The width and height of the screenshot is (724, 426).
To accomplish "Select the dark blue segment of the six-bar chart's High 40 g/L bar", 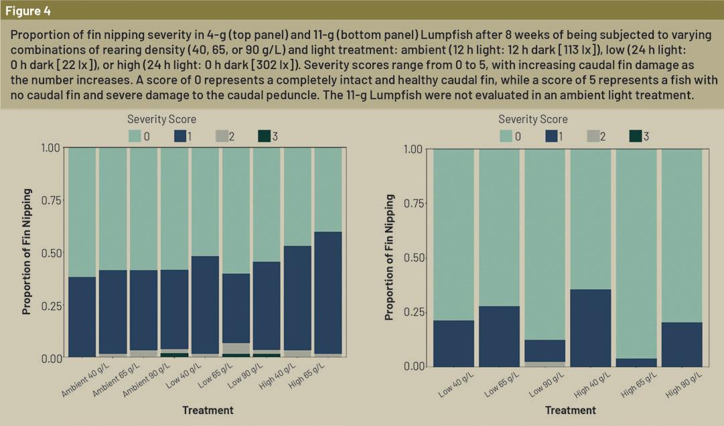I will pyautogui.click(x=589, y=328).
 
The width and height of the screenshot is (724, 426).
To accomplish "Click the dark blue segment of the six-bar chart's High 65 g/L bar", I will pyautogui.click(x=636, y=362).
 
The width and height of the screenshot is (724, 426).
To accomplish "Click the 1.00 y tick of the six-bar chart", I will pyautogui.click(x=413, y=149).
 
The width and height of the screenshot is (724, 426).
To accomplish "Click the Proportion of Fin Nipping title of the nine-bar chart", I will pyautogui.click(x=27, y=253).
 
